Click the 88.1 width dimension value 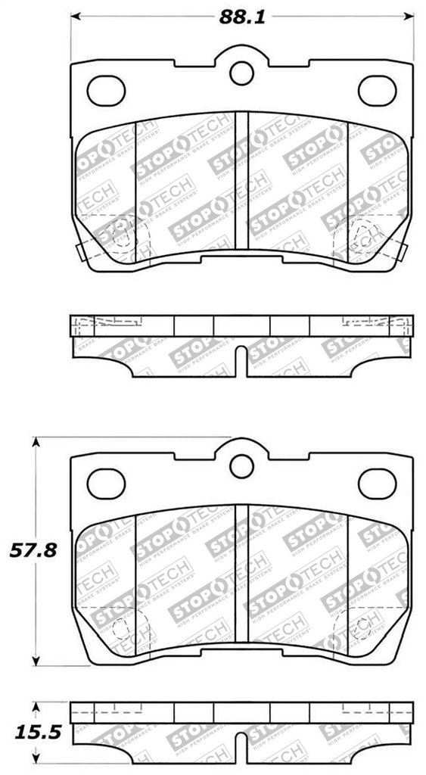(x=242, y=17)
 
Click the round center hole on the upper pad (x=241, y=73)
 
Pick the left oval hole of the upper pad (x=106, y=91)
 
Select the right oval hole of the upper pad (x=377, y=91)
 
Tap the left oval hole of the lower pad (x=106, y=484)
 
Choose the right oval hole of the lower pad (x=377, y=484)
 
